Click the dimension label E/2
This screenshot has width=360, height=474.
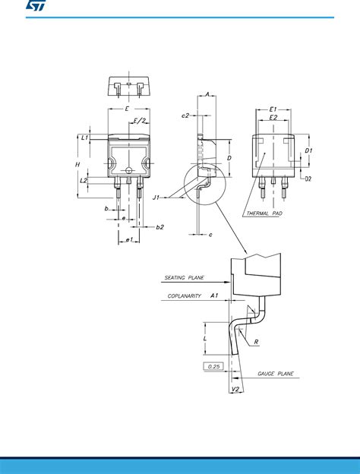[x=141, y=121]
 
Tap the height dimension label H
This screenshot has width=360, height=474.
[x=78, y=164]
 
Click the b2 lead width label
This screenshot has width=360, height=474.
[x=159, y=227]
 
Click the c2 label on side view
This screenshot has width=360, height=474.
[x=185, y=115]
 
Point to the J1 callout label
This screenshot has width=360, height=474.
[x=156, y=197]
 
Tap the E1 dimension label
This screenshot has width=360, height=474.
[x=273, y=109]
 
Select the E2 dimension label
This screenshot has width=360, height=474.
[x=273, y=118]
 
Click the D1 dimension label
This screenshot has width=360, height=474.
[x=309, y=151]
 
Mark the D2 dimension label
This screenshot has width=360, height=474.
[x=309, y=179]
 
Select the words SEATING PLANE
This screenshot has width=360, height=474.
[x=184, y=278]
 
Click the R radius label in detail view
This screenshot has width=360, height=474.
[x=257, y=343]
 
